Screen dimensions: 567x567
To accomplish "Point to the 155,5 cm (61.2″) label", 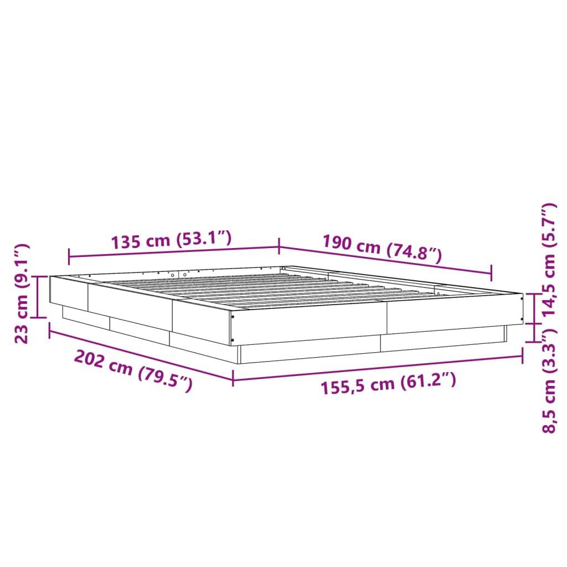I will pyautogui.click(x=388, y=382).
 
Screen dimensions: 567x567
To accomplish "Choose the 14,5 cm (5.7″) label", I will pyautogui.click(x=549, y=260).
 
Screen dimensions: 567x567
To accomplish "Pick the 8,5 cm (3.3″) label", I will pyautogui.click(x=549, y=382).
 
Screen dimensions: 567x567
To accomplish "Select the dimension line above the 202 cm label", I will pyautogui.click(x=141, y=354).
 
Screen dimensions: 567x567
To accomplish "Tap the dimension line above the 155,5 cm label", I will pyautogui.click(x=377, y=367).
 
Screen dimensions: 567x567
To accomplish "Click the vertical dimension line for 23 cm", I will pyautogui.click(x=38, y=297).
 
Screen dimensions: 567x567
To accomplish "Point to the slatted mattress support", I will pyautogui.click(x=260, y=288).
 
